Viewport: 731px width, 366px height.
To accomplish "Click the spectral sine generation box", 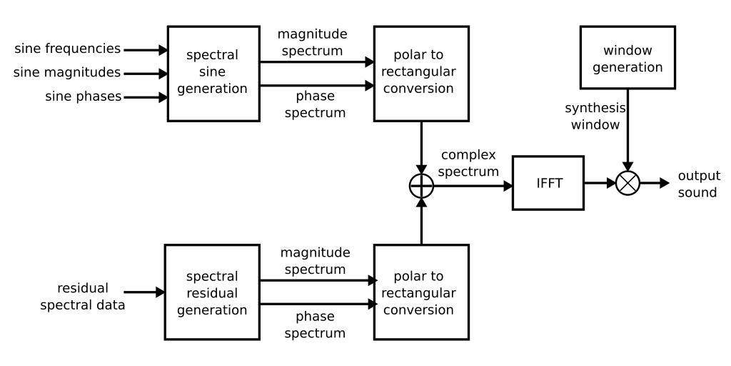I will (212, 74).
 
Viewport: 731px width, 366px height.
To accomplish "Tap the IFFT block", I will (548, 183).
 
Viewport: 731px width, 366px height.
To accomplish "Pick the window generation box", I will (627, 59).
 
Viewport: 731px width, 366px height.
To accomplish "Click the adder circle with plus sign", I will (421, 186).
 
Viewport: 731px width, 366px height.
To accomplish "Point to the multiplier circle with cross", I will (627, 184).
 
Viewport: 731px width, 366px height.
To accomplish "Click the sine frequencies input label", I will (68, 49).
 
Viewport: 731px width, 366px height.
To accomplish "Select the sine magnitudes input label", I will (67, 73).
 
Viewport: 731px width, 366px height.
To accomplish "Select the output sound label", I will (699, 184).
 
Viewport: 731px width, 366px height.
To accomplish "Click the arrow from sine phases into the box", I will (145, 97).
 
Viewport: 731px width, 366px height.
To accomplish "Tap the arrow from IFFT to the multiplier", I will (600, 184).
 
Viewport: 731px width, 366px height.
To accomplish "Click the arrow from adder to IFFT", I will (471, 186).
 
